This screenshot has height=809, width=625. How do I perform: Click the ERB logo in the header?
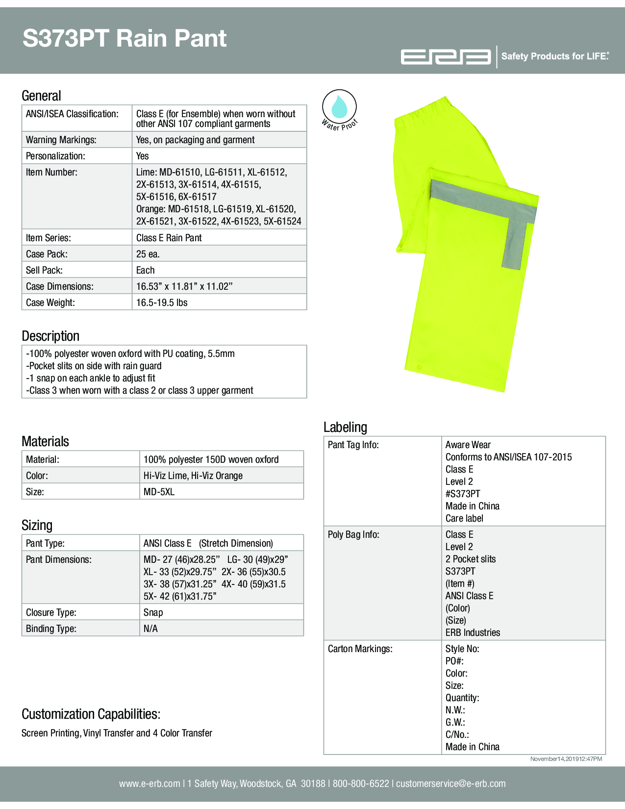pyautogui.click(x=446, y=57)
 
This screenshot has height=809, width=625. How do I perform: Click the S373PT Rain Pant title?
pyautogui.click(x=125, y=38)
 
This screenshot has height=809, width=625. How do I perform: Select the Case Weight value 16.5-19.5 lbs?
pyautogui.click(x=162, y=303)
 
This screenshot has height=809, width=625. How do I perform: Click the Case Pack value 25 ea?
pyautogui.click(x=148, y=254)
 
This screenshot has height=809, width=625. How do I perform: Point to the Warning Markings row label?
pyautogui.click(x=61, y=140)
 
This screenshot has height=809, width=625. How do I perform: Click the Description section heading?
pyautogui.click(x=50, y=336)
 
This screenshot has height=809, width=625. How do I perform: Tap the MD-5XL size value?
pyautogui.click(x=159, y=492)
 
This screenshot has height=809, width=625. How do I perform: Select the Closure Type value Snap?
pyautogui.click(x=153, y=612)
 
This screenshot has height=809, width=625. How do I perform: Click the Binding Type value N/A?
pyautogui.click(x=150, y=629)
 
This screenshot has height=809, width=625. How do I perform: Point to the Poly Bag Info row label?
pyautogui.click(x=353, y=534)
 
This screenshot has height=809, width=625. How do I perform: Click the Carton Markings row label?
pyautogui.click(x=360, y=649)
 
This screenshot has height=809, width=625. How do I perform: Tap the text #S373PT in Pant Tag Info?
pyautogui.click(x=463, y=494)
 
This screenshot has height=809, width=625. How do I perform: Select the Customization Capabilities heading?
pyautogui.click(x=91, y=714)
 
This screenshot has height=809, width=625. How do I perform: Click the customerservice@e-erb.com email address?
pyautogui.click(x=450, y=784)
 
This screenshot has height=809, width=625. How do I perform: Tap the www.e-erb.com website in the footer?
pyautogui.click(x=150, y=784)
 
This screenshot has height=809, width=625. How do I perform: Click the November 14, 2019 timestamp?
pyautogui.click(x=566, y=759)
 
